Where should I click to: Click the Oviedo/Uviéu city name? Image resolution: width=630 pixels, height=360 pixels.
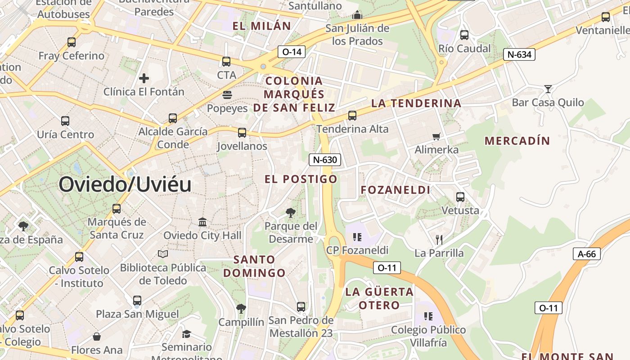pos(125,184)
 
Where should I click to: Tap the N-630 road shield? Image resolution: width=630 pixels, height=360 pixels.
pos(325,159)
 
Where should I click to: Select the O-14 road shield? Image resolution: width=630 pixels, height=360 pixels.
pos(291,52)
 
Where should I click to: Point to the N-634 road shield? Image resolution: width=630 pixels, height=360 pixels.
pos(519,55)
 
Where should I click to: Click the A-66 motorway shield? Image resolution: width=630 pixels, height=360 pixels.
pos(587,254)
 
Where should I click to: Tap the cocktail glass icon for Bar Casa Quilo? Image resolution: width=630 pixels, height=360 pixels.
pos(548,89)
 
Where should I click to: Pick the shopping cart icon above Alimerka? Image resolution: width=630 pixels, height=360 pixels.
pos(436,136)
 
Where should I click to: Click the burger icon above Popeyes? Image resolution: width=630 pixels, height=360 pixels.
pos(227,94)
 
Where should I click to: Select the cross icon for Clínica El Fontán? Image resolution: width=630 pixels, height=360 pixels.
pos(144,78)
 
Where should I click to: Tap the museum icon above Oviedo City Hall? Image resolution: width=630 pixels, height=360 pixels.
pos(202,222)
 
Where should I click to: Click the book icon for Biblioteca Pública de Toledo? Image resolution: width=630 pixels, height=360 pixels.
pos(163,254)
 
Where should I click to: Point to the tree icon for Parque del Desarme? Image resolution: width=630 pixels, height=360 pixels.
pos(291,212)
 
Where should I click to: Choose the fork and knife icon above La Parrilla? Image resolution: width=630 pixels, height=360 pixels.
pos(439,239)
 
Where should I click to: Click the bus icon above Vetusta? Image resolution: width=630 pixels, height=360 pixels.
pos(460,197)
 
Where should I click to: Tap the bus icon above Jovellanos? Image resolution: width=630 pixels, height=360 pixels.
pos(242,133)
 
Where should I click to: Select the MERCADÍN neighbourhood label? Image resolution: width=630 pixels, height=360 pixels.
pos(517,141)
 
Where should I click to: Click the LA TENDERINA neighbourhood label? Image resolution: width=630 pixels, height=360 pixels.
pos(416,103)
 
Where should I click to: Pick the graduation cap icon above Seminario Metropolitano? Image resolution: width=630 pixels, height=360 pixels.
pos(186,334)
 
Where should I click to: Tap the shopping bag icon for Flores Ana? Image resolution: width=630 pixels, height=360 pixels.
pos(96,337)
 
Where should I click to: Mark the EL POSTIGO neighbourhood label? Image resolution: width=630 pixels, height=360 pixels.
pos(301,179)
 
